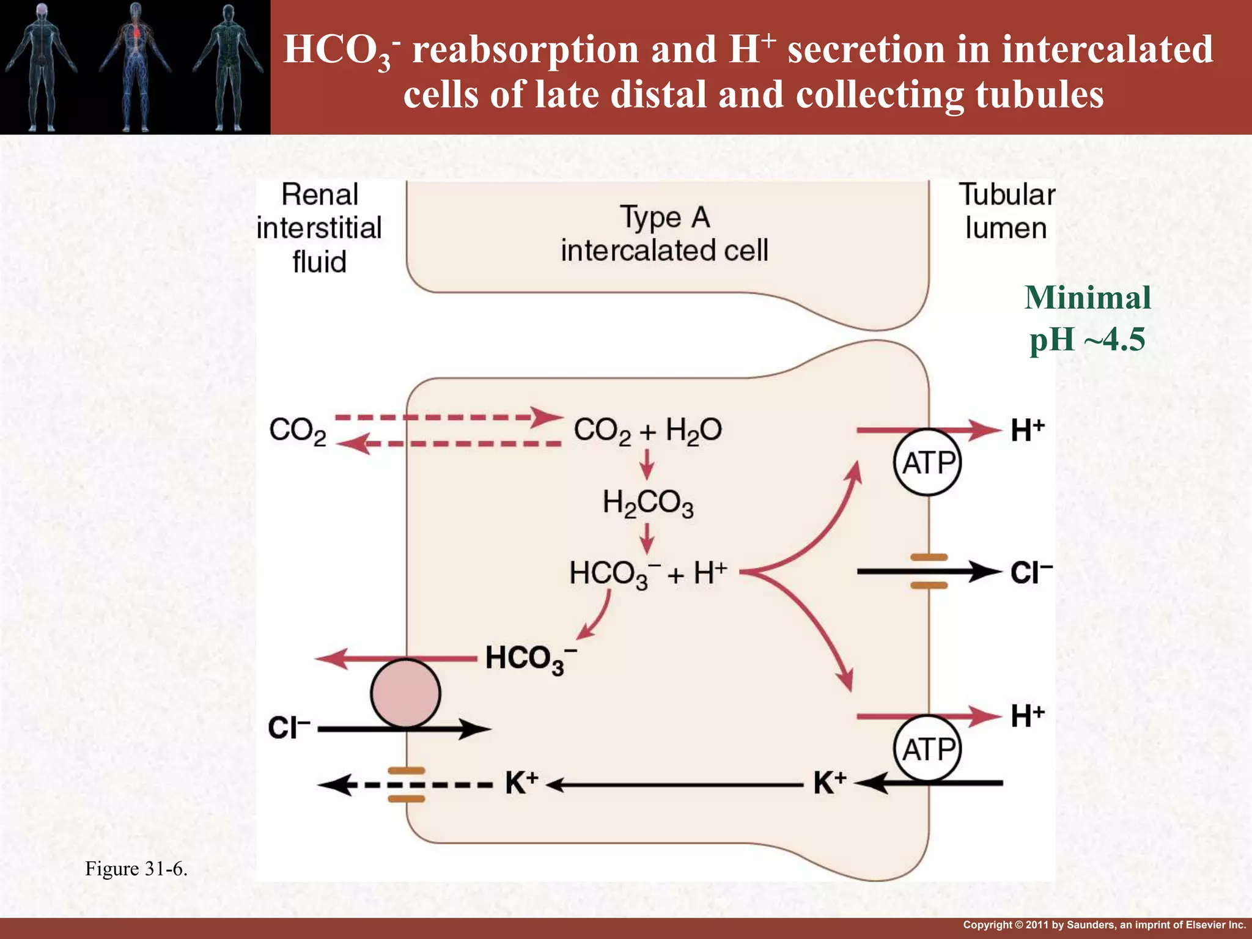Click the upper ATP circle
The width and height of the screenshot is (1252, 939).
[x=927, y=462]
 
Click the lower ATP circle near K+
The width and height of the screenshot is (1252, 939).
[x=927, y=749]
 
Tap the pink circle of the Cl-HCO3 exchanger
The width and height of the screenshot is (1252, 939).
[x=405, y=693]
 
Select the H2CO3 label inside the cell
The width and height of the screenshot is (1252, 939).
[x=648, y=503]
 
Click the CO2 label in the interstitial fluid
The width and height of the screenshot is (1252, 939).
[x=298, y=431]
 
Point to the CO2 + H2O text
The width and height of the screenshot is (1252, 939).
[x=648, y=430]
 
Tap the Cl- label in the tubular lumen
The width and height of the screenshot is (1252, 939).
[x=1031, y=573]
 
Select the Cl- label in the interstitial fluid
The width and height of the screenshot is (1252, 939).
[x=289, y=728]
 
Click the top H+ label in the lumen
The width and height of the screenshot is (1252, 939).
[x=1028, y=430]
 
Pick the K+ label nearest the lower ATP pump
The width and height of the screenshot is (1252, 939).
[x=830, y=782]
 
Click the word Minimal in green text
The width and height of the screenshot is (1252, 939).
[x=1088, y=298]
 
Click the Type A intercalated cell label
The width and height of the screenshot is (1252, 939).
[x=665, y=234]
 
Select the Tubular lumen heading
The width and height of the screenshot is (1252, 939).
[x=1006, y=212]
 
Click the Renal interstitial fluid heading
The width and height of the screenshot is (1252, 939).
[x=319, y=228]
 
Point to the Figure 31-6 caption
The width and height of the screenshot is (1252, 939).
[x=136, y=869]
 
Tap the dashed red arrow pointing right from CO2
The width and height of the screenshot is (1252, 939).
[x=449, y=418]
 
